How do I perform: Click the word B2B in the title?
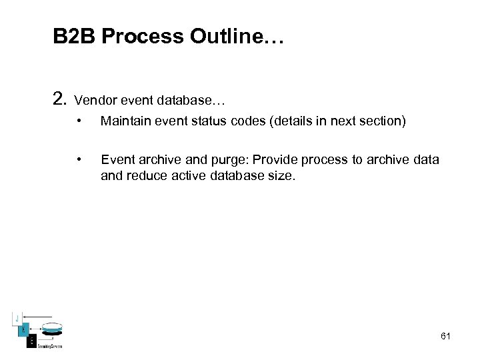[x=75, y=37]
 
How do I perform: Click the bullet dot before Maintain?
[x=79, y=121]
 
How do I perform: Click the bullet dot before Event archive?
[x=79, y=159]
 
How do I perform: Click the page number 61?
[x=446, y=336]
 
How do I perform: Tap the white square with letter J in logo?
[x=18, y=318]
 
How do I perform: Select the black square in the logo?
[x=31, y=341]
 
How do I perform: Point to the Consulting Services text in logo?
[x=49, y=345]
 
